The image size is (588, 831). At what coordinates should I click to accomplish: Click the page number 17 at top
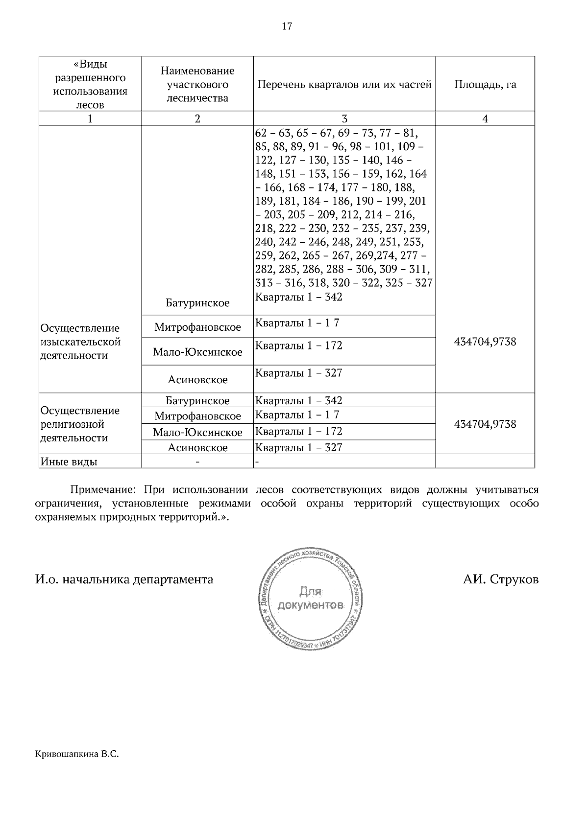pos(287,26)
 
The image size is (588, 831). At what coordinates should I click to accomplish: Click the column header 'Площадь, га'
pos(485,85)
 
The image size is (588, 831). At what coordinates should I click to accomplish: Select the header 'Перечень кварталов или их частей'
pos(344,85)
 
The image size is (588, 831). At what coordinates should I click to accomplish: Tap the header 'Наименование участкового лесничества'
pos(197,84)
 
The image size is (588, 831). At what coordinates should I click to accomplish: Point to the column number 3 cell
pos(344,118)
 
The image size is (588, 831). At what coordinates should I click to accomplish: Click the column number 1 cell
pos(90,118)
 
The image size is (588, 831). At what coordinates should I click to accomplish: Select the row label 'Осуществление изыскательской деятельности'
pos(81,342)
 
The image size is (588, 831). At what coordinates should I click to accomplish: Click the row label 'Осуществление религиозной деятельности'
pos(81,424)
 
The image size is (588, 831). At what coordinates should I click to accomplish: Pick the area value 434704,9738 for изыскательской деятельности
pos(485,342)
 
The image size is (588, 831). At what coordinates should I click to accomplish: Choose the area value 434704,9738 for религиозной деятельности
pos(485,424)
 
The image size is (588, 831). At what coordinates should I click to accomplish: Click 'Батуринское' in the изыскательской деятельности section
pos(197,303)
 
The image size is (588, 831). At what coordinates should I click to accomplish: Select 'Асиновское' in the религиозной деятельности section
pos(197,448)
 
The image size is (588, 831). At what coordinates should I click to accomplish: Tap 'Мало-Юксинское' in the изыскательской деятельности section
pos(197,352)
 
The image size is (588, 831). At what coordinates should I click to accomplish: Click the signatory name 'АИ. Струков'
pos(500,579)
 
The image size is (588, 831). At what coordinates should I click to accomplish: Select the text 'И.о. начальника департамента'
pos(124,579)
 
